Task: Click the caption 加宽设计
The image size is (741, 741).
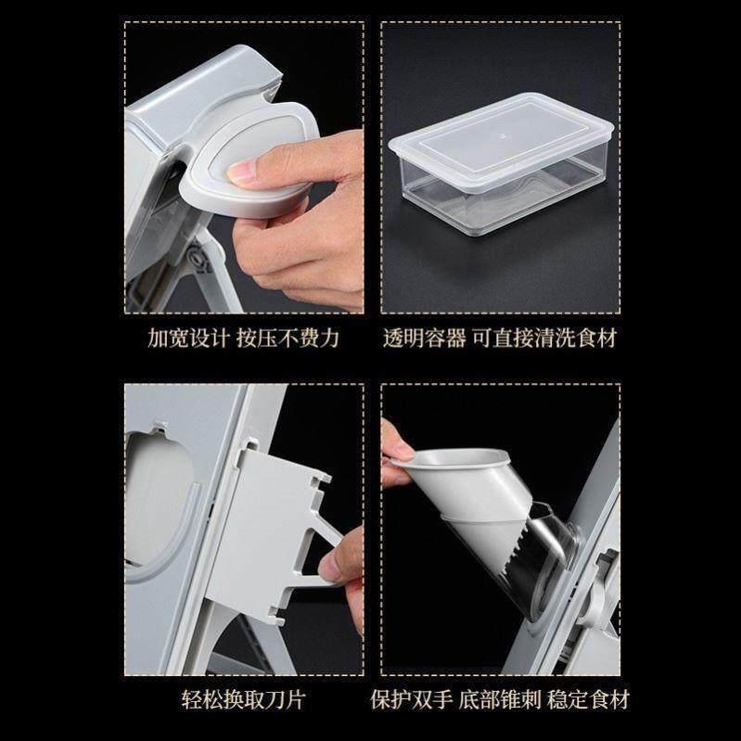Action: pyautogui.click(x=188, y=339)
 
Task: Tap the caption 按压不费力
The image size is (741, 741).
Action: pyautogui.click(x=287, y=339)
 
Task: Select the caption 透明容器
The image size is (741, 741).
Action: pyautogui.click(x=424, y=339)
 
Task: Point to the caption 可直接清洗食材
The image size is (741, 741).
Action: pyautogui.click(x=544, y=339)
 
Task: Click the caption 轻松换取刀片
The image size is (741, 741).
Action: pyautogui.click(x=243, y=700)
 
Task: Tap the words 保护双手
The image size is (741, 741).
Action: pyautogui.click(x=411, y=700)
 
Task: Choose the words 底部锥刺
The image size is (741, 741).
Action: pyautogui.click(x=500, y=700)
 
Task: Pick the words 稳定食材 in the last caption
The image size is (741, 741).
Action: pyautogui.click(x=588, y=700)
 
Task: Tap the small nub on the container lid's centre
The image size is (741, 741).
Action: pyautogui.click(x=503, y=136)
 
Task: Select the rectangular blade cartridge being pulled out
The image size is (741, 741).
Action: pyautogui.click(x=264, y=525)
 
